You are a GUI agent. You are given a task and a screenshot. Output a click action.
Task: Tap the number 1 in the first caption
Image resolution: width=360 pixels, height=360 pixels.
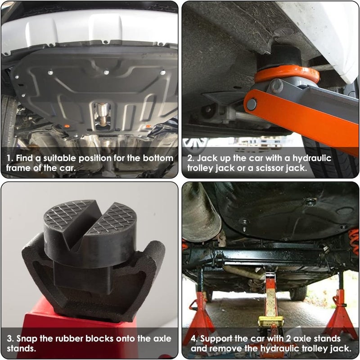(x=9, y=158)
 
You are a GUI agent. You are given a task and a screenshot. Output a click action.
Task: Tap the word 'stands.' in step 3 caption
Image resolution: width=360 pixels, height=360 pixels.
(x=21, y=348)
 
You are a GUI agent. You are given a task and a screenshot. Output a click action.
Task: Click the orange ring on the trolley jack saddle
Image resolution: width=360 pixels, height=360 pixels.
(x=287, y=73)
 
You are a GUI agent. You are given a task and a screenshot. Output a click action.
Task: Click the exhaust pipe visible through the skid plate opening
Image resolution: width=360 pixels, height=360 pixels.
(x=103, y=114)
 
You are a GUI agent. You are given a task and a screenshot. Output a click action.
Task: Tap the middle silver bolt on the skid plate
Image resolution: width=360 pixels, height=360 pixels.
(x=106, y=73)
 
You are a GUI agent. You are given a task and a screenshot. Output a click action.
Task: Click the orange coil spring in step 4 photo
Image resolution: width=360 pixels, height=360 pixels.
(x=353, y=242)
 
